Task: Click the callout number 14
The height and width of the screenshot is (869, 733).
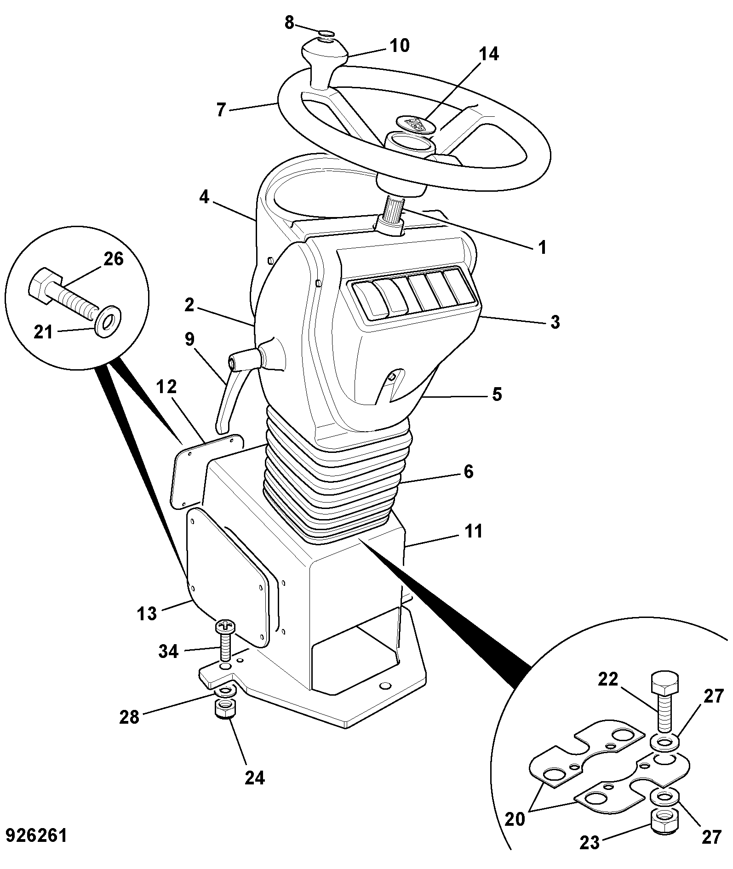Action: click(x=488, y=54)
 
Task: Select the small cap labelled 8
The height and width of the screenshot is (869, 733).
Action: click(x=327, y=33)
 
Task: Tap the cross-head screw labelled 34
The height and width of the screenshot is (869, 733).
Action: click(x=225, y=640)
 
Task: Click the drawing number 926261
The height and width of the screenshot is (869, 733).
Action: click(x=36, y=836)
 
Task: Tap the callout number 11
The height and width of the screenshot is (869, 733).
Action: click(x=473, y=531)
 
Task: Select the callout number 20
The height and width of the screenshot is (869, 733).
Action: click(x=515, y=819)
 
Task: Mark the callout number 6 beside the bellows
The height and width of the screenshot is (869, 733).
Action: click(x=468, y=472)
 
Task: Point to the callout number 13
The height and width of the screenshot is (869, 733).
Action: click(x=147, y=613)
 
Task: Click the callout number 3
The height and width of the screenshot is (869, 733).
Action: click(x=555, y=322)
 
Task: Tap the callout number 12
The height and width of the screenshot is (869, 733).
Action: click(x=166, y=387)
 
